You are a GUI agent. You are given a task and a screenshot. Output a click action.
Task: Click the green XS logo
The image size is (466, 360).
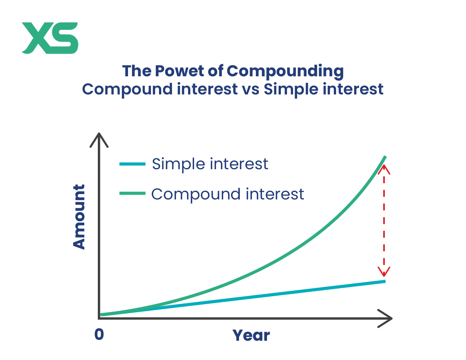(50, 38)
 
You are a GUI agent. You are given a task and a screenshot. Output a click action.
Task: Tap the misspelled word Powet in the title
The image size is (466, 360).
(179, 71)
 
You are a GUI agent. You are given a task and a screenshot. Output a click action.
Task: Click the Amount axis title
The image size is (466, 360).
(79, 217)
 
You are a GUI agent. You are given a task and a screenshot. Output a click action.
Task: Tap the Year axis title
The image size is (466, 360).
(251, 335)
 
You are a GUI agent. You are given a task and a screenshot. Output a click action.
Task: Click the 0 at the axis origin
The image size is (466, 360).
(99, 334)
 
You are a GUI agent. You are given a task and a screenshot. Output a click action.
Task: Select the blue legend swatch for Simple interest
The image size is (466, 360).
(132, 164)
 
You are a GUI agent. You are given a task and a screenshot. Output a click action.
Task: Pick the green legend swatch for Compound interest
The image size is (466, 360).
(132, 193)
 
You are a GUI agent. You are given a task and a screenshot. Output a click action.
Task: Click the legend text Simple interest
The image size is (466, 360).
(210, 164)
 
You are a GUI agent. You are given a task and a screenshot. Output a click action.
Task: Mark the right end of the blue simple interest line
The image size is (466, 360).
(385, 281)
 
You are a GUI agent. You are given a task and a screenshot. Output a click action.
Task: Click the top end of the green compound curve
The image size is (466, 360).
(385, 157)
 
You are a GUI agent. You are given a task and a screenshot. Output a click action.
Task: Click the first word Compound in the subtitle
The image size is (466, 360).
(127, 90)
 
